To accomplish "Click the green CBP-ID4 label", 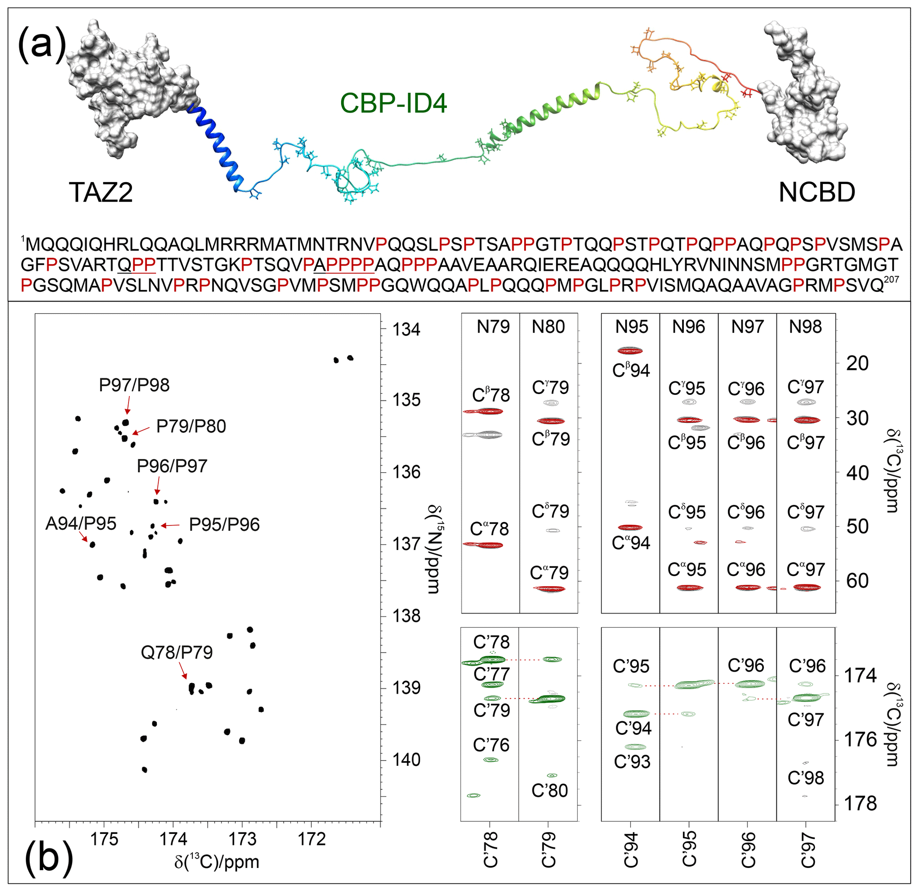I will [393, 103].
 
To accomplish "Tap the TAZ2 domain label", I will [101, 192].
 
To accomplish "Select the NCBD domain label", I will [817, 192].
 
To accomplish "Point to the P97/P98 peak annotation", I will [134, 385].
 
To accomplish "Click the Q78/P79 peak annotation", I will [177, 652].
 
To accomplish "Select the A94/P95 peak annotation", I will [80, 523].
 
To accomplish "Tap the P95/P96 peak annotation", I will [224, 525].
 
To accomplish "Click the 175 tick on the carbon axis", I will [104, 839].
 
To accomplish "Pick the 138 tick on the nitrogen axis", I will [406, 616].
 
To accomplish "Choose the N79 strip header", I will [493, 327].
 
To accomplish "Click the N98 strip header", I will [805, 327].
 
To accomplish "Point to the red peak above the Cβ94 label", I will [630, 350].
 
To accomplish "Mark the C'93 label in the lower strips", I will [632, 762].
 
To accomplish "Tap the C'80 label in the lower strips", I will [550, 790].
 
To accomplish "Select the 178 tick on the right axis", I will [860, 804].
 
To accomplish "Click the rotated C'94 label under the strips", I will [630, 849].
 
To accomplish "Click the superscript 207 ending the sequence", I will [891, 280].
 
